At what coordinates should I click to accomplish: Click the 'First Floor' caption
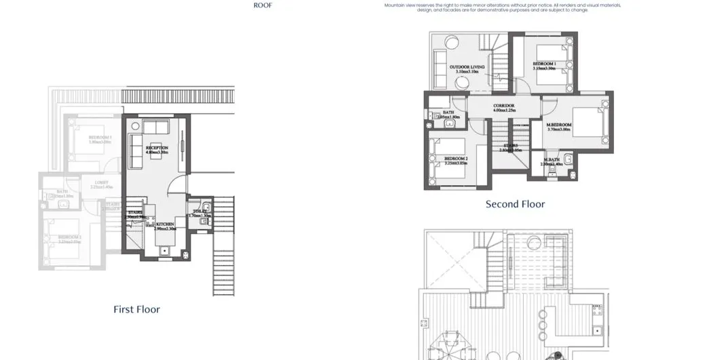[x=136, y=309]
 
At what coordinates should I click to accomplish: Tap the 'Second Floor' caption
[x=515, y=204]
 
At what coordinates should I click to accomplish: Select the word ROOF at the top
[x=263, y=5]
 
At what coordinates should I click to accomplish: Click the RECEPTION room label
[x=157, y=148]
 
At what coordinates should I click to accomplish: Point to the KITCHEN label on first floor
[x=166, y=224]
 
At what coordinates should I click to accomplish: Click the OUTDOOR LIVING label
[x=467, y=68]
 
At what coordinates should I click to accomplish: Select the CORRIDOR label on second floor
[x=504, y=106]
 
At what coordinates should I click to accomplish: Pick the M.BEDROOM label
[x=560, y=125]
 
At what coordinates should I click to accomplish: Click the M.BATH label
[x=550, y=161]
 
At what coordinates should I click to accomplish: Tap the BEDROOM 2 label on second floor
[x=456, y=159]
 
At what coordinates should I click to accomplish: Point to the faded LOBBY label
[x=102, y=182]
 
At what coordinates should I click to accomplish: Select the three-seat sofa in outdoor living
[x=438, y=64]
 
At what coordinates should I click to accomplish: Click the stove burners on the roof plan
[x=597, y=310]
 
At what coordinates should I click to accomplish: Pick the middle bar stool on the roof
[x=542, y=325]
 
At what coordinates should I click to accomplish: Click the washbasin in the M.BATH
[x=567, y=161]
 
